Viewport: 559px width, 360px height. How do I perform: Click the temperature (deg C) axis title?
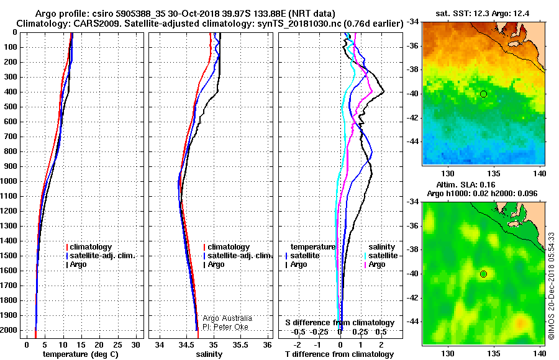(81, 354)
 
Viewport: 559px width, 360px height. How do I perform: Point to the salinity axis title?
(209, 354)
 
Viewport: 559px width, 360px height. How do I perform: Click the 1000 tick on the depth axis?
(9, 181)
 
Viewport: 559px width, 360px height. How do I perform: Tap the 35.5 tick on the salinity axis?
(240, 344)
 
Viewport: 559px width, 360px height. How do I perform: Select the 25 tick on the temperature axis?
(117, 344)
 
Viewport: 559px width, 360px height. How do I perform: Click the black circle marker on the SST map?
(483, 94)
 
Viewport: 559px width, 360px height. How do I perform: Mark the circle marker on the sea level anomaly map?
(483, 274)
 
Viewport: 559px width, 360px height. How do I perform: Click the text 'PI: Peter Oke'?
(225, 327)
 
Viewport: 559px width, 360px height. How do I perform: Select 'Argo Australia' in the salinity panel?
(227, 318)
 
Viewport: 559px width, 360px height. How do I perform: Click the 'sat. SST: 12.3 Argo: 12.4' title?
(483, 14)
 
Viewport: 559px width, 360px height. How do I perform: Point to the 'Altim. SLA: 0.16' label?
(466, 184)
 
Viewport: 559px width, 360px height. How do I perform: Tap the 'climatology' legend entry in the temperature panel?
(89, 247)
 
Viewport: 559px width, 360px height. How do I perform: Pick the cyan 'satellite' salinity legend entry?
(381, 256)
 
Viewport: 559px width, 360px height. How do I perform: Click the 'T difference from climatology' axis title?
(339, 354)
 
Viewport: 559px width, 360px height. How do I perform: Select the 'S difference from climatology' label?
(340, 323)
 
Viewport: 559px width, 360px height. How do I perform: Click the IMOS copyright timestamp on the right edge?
(552, 286)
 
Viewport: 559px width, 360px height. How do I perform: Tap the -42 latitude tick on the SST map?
(414, 118)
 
